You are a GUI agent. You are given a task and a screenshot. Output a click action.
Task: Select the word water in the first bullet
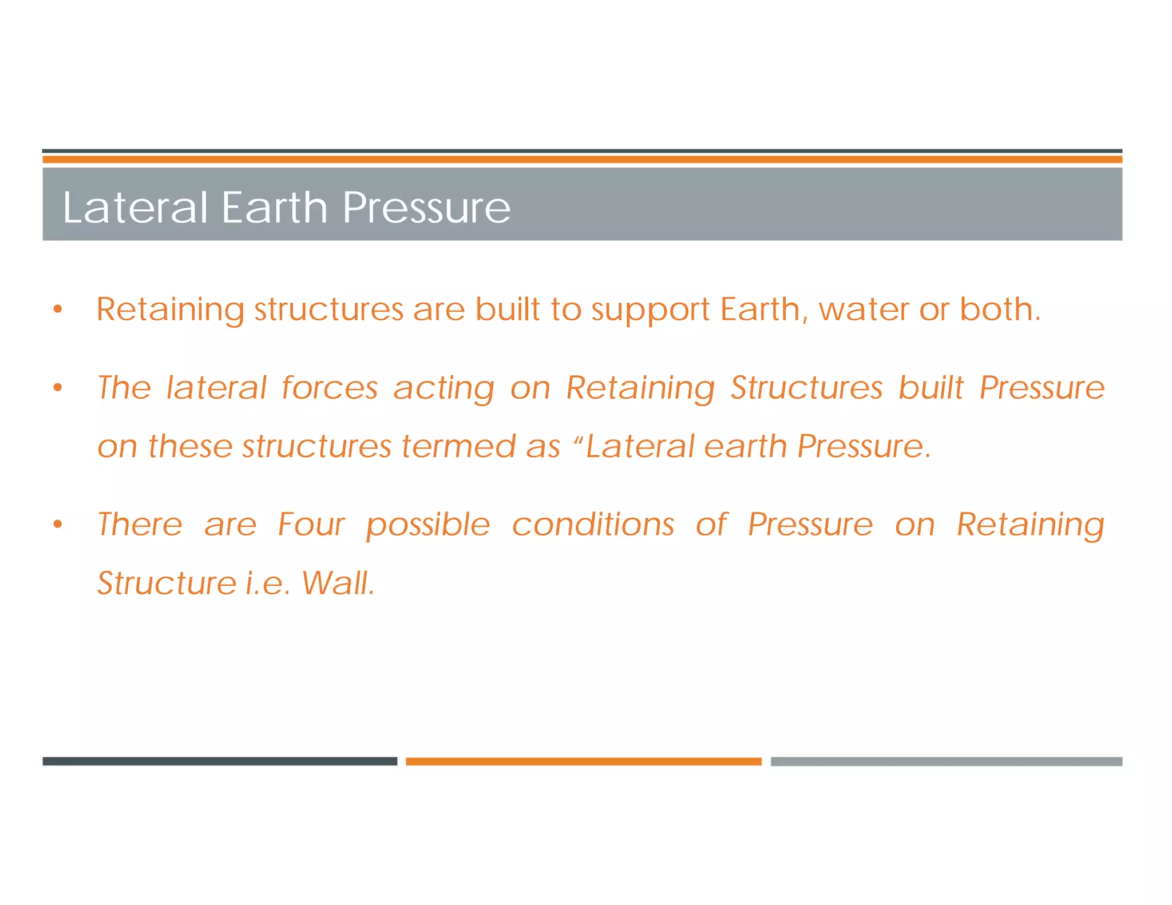(x=864, y=309)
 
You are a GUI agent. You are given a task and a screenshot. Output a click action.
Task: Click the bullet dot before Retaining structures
(x=57, y=309)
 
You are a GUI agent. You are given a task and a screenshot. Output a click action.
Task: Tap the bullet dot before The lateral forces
(x=57, y=388)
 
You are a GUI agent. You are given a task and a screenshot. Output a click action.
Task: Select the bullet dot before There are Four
(x=57, y=524)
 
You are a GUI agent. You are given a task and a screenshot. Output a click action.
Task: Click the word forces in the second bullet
(x=330, y=388)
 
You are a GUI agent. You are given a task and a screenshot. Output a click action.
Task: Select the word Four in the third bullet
(x=311, y=525)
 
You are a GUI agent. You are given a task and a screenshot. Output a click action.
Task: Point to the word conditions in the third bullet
(x=593, y=525)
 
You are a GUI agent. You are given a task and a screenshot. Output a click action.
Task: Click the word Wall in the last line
(x=337, y=583)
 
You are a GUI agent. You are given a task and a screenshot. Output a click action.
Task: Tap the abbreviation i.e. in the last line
(x=267, y=584)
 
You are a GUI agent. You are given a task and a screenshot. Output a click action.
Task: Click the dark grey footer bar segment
(x=220, y=761)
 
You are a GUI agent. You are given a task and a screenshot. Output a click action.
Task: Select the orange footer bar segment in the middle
(x=583, y=761)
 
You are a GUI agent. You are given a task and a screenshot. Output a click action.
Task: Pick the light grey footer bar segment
(x=946, y=761)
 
